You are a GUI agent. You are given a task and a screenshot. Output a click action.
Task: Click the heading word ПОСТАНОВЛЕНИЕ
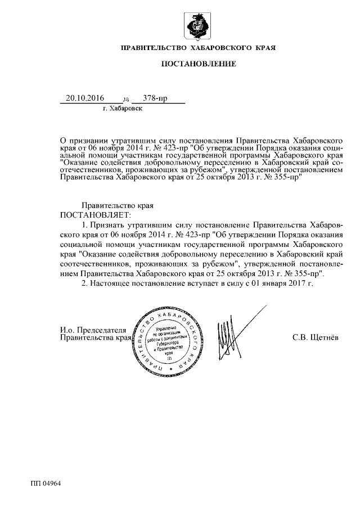click(198, 65)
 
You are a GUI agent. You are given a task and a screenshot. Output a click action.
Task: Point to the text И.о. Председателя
click(93, 330)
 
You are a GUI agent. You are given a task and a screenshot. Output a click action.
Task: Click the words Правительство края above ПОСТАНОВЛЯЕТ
click(110, 206)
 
